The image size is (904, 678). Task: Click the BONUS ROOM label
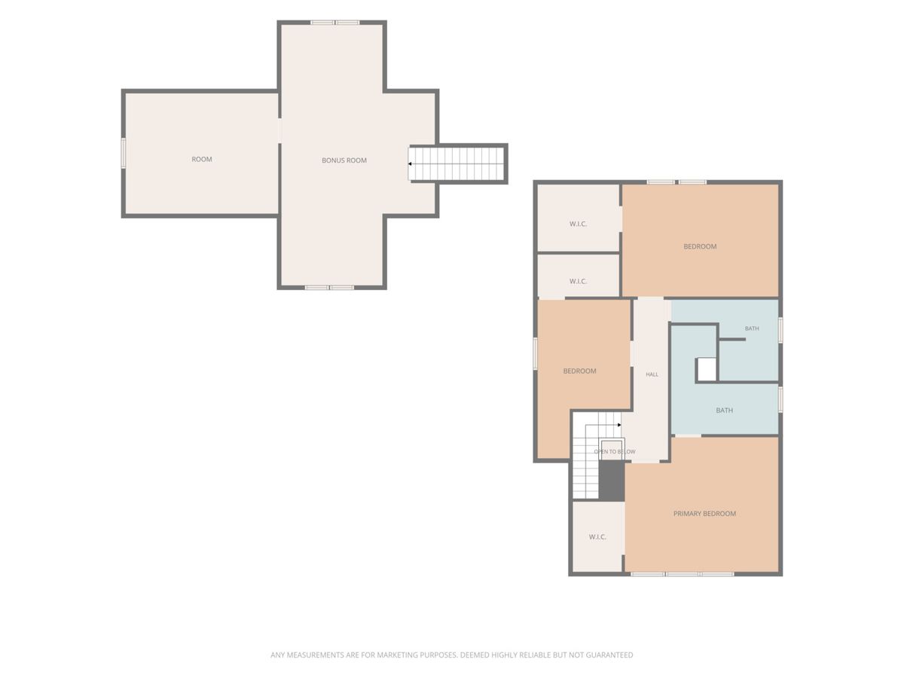coord(344,160)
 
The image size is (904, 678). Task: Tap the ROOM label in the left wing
coord(201,159)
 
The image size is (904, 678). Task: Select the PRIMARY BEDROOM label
coord(704,513)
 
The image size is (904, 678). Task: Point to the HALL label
coord(652,374)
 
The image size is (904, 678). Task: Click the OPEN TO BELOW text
coord(615,451)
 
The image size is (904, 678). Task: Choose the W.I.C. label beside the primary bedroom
coord(597,537)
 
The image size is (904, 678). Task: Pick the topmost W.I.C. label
coord(578,224)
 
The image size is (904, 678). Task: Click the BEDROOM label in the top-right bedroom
coord(700,246)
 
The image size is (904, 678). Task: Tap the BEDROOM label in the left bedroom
coord(579,371)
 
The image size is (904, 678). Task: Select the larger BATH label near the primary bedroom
coord(724,410)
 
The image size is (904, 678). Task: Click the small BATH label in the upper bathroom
coord(752,328)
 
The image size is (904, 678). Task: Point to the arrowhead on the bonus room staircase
coord(410,163)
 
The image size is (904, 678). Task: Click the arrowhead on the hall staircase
coord(619,425)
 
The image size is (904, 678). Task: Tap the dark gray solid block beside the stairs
coord(611,481)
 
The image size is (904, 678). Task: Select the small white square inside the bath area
coord(707,370)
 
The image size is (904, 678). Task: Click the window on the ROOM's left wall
coord(123,153)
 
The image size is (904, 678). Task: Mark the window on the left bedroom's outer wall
coord(536,353)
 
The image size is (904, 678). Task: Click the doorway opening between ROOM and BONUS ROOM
coord(279,130)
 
